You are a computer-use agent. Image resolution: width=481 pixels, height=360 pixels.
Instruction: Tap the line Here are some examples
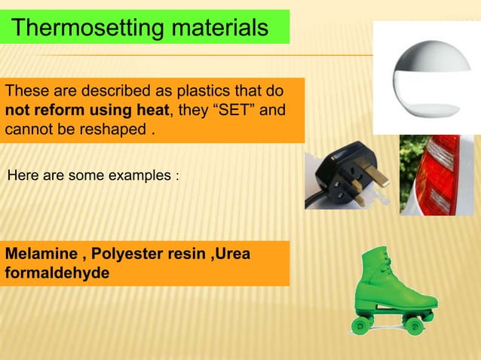pos(93,176)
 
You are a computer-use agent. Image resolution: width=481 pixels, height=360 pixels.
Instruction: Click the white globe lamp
pos(426,75)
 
